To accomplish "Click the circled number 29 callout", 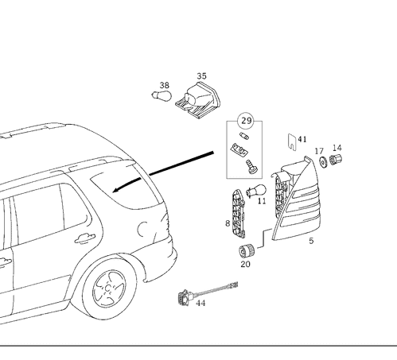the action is pyautogui.click(x=247, y=121).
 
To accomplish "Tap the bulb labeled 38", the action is pyautogui.click(x=162, y=95).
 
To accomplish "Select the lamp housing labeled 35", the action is pyautogui.click(x=198, y=100).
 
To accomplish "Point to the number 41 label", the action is pyautogui.click(x=302, y=139).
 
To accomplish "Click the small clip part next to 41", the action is pyautogui.click(x=292, y=141).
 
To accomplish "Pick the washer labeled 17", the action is pyautogui.click(x=323, y=162).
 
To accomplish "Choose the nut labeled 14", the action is pyautogui.click(x=336, y=159).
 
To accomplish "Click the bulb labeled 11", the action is pyautogui.click(x=256, y=191).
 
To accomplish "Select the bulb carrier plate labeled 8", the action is pyautogui.click(x=239, y=214).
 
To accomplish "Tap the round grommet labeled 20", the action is pyautogui.click(x=247, y=250).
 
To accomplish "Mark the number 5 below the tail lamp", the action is pyautogui.click(x=311, y=241).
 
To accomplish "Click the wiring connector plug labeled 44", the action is pyautogui.click(x=185, y=298).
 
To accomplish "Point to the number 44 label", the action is pyautogui.click(x=200, y=303).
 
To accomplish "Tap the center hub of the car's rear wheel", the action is pyautogui.click(x=108, y=288).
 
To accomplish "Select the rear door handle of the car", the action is pyautogui.click(x=85, y=238).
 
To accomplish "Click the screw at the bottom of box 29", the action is pyautogui.click(x=251, y=167).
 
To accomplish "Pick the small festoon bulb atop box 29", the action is pyautogui.click(x=244, y=136).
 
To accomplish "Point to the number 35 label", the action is pyautogui.click(x=201, y=76).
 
